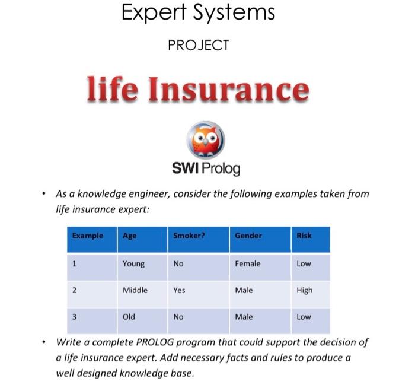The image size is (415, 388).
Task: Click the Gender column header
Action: point(248,236)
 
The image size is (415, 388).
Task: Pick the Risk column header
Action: point(304,236)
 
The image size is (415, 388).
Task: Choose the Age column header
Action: point(129,236)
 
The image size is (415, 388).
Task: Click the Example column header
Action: point(88,236)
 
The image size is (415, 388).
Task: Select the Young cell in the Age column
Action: point(133,263)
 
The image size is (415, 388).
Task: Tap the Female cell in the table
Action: point(248,263)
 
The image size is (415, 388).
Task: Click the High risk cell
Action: point(305,290)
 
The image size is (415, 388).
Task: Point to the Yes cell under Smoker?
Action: point(179,290)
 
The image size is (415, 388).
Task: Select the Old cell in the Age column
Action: point(129,317)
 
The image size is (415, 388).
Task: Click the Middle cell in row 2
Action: point(135,290)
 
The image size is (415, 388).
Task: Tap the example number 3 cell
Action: point(75,317)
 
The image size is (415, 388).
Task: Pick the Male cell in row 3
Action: point(244,317)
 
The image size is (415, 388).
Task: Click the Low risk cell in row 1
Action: point(304,263)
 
